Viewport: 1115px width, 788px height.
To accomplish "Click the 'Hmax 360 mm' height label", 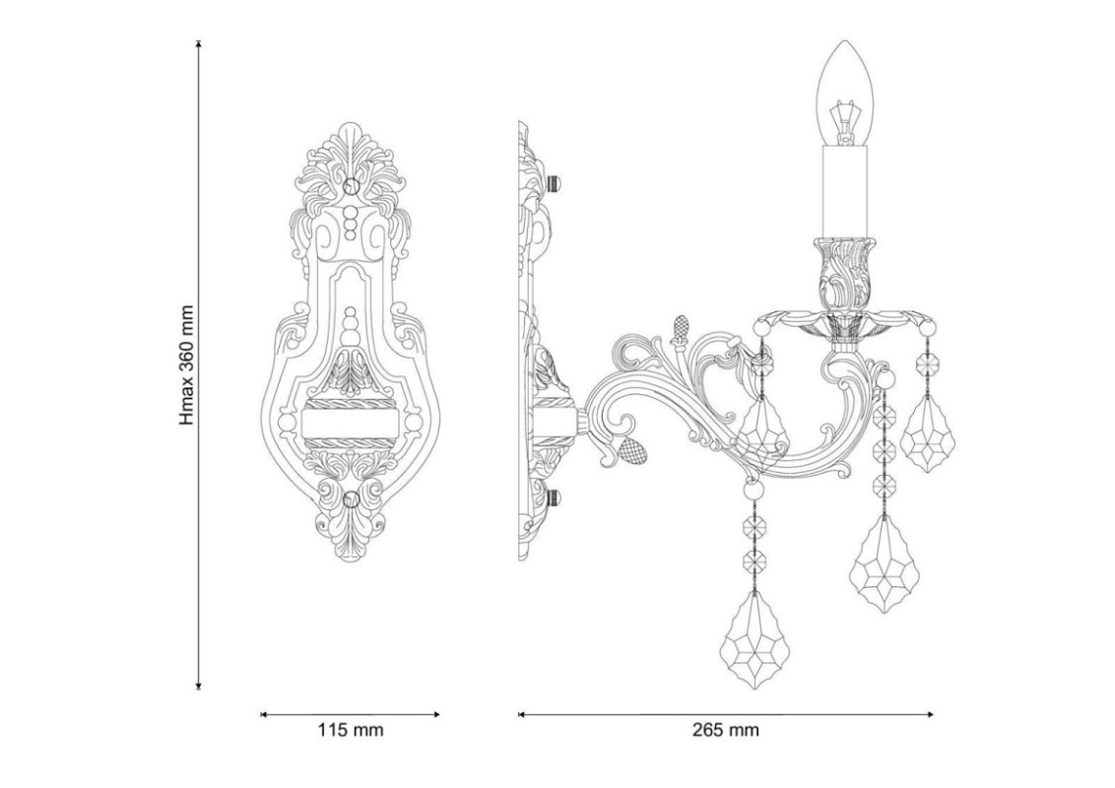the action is click(x=186, y=365).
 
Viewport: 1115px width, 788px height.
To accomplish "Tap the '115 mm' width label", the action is click(x=351, y=730).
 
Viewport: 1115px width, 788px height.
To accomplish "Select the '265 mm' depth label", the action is click(x=726, y=730).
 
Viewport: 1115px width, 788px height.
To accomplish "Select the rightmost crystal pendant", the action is click(x=927, y=433).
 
